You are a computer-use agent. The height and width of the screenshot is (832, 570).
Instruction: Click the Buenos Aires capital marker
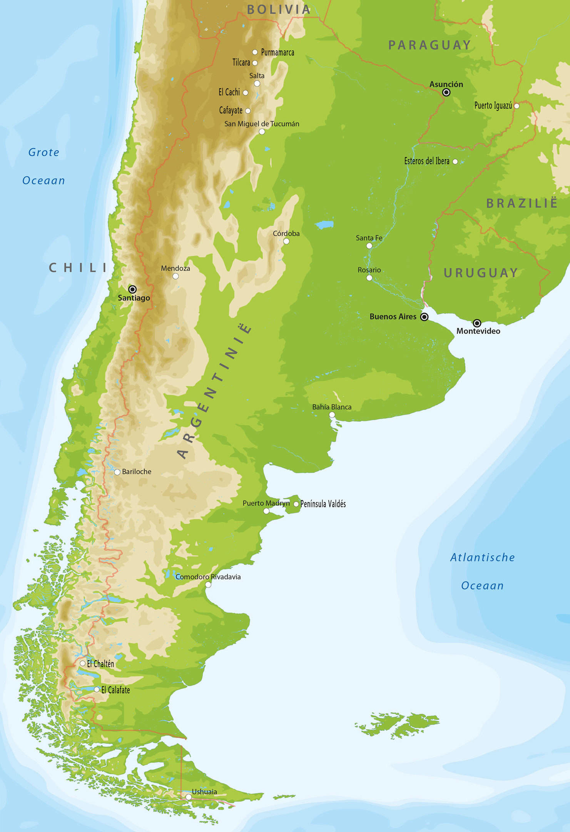click(424, 317)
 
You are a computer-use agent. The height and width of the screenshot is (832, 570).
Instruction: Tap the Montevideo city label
click(478, 331)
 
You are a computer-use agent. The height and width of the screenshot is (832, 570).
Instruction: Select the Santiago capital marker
click(132, 289)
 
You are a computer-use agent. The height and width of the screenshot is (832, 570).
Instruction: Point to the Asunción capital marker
click(446, 92)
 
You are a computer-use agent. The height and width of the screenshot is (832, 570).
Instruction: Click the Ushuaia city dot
click(189, 797)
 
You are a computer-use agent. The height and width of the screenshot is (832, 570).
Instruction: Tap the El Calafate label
click(115, 690)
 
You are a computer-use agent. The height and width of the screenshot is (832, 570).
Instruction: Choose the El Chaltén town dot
click(82, 663)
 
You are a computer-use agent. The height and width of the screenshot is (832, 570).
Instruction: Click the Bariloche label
click(137, 471)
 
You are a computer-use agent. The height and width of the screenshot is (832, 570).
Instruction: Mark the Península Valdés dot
click(296, 504)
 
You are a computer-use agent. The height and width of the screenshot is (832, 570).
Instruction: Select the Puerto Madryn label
click(266, 503)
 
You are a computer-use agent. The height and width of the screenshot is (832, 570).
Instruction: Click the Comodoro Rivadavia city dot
click(208, 585)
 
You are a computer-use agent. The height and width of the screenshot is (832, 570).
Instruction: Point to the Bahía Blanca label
click(332, 407)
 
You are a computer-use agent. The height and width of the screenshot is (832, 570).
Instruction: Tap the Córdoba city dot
click(286, 242)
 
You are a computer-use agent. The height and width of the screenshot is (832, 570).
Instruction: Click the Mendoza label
click(176, 268)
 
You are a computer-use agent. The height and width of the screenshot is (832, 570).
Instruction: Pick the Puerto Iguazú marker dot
click(517, 106)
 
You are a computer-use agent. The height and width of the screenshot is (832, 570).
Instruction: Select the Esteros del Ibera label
click(426, 161)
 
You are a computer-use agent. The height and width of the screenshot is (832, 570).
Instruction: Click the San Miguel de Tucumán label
click(262, 124)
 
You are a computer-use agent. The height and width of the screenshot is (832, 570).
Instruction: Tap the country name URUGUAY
click(481, 273)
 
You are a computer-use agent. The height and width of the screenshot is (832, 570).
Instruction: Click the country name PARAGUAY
click(430, 45)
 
